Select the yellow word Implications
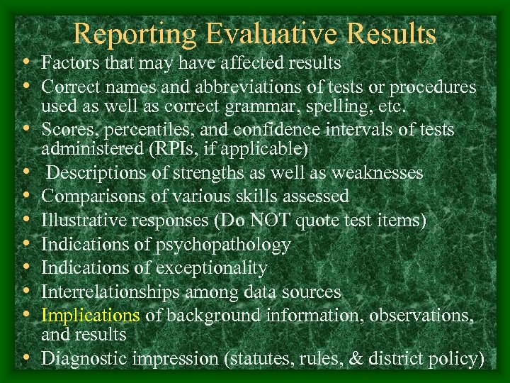point(91,314)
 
